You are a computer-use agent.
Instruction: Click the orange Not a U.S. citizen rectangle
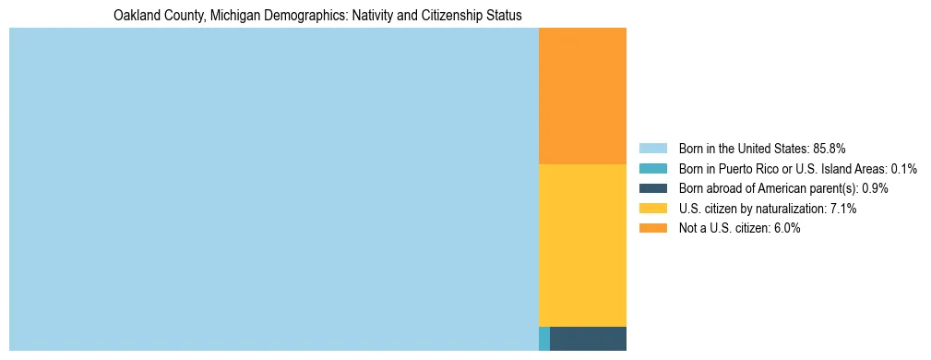click(582, 96)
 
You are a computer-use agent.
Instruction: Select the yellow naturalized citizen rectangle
click(582, 245)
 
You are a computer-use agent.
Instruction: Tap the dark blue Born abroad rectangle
click(588, 339)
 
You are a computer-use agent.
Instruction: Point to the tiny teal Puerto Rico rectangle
click(544, 339)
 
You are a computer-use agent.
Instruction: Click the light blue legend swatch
click(652, 149)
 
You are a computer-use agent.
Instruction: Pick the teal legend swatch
click(652, 169)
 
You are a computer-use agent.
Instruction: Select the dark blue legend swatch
click(652, 188)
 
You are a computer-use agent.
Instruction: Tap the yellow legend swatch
click(652, 209)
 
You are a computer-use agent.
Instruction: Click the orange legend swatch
click(652, 229)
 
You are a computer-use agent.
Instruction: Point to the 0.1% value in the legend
click(904, 169)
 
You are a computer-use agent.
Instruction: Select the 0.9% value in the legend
click(876, 188)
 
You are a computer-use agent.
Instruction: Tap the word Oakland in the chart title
click(136, 16)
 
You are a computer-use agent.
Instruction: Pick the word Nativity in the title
click(358, 16)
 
